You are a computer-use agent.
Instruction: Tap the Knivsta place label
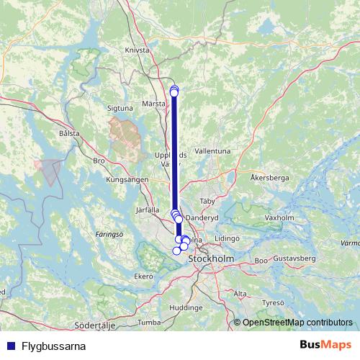click(137, 51)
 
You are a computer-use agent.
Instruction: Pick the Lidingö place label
click(226, 237)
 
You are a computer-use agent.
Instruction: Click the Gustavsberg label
click(295, 257)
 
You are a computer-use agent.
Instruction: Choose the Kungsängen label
click(127, 179)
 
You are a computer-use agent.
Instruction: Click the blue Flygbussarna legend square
click(9, 346)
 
